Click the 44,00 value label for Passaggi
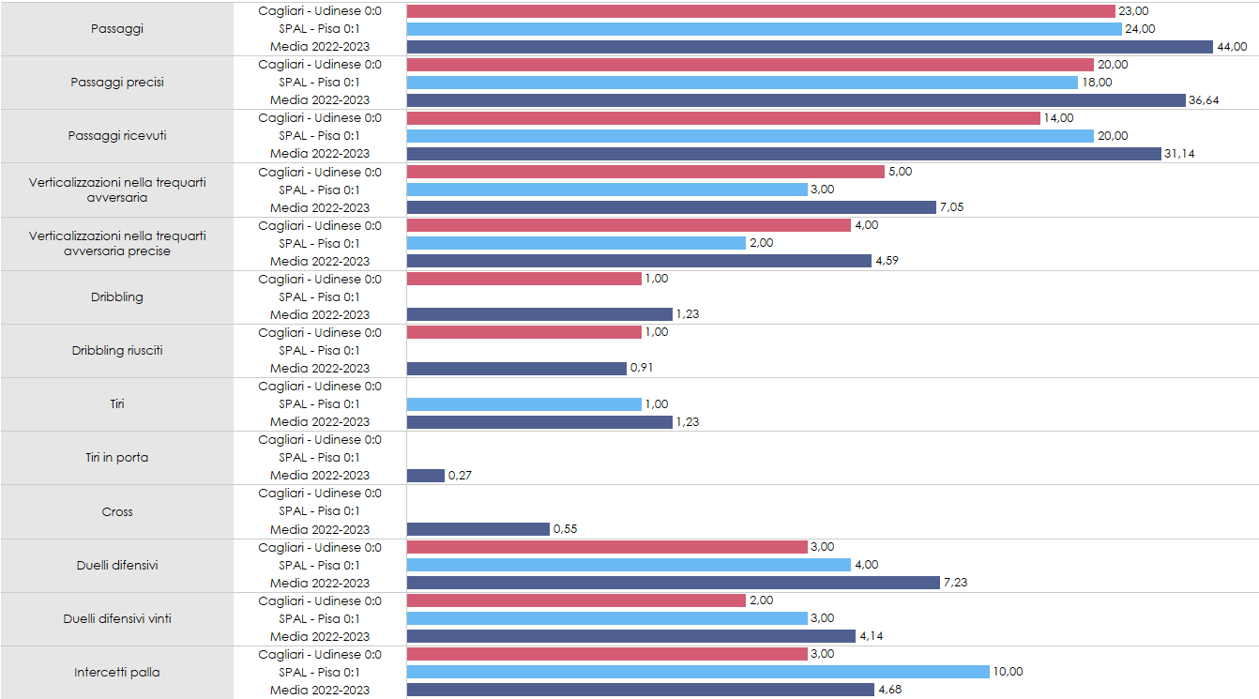coord(1232,47)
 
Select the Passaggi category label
coord(117,29)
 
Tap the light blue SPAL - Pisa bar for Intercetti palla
coord(698,672)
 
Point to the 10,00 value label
coord(1008,672)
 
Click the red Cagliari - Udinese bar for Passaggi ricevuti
coord(723,118)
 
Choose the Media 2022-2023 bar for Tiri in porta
coord(426,476)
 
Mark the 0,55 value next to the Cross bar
coord(565,529)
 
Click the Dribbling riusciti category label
coord(117,351)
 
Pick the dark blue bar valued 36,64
coord(796,100)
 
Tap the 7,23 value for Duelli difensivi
coord(955,583)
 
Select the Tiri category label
coord(117,404)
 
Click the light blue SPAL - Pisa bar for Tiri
coord(524,404)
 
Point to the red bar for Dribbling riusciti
coord(524,333)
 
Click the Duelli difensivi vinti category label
coord(117,618)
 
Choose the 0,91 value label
coord(642,369)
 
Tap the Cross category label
coord(117,512)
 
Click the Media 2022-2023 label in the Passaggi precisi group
coord(320,100)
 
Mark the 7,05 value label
coord(951,207)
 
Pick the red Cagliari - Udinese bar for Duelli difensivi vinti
coord(576,600)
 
